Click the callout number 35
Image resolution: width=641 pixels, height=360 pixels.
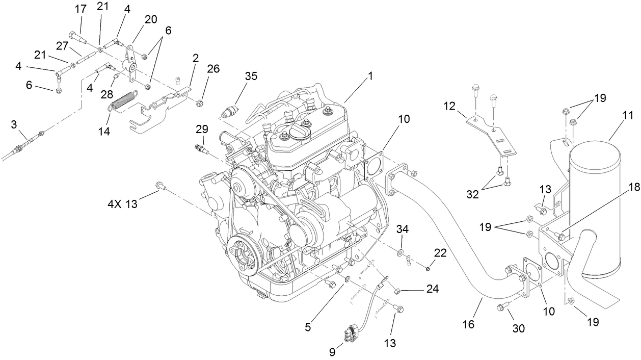pyautogui.click(x=251, y=76)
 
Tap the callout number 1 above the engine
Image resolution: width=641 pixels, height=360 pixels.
pyautogui.click(x=371, y=76)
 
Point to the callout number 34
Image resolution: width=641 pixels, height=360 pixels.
pyautogui.click(x=403, y=229)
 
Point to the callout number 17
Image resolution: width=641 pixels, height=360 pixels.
pyautogui.click(x=81, y=9)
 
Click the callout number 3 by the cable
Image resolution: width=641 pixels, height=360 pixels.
pyautogui.click(x=14, y=124)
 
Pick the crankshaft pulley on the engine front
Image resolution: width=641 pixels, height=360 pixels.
pyautogui.click(x=244, y=256)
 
